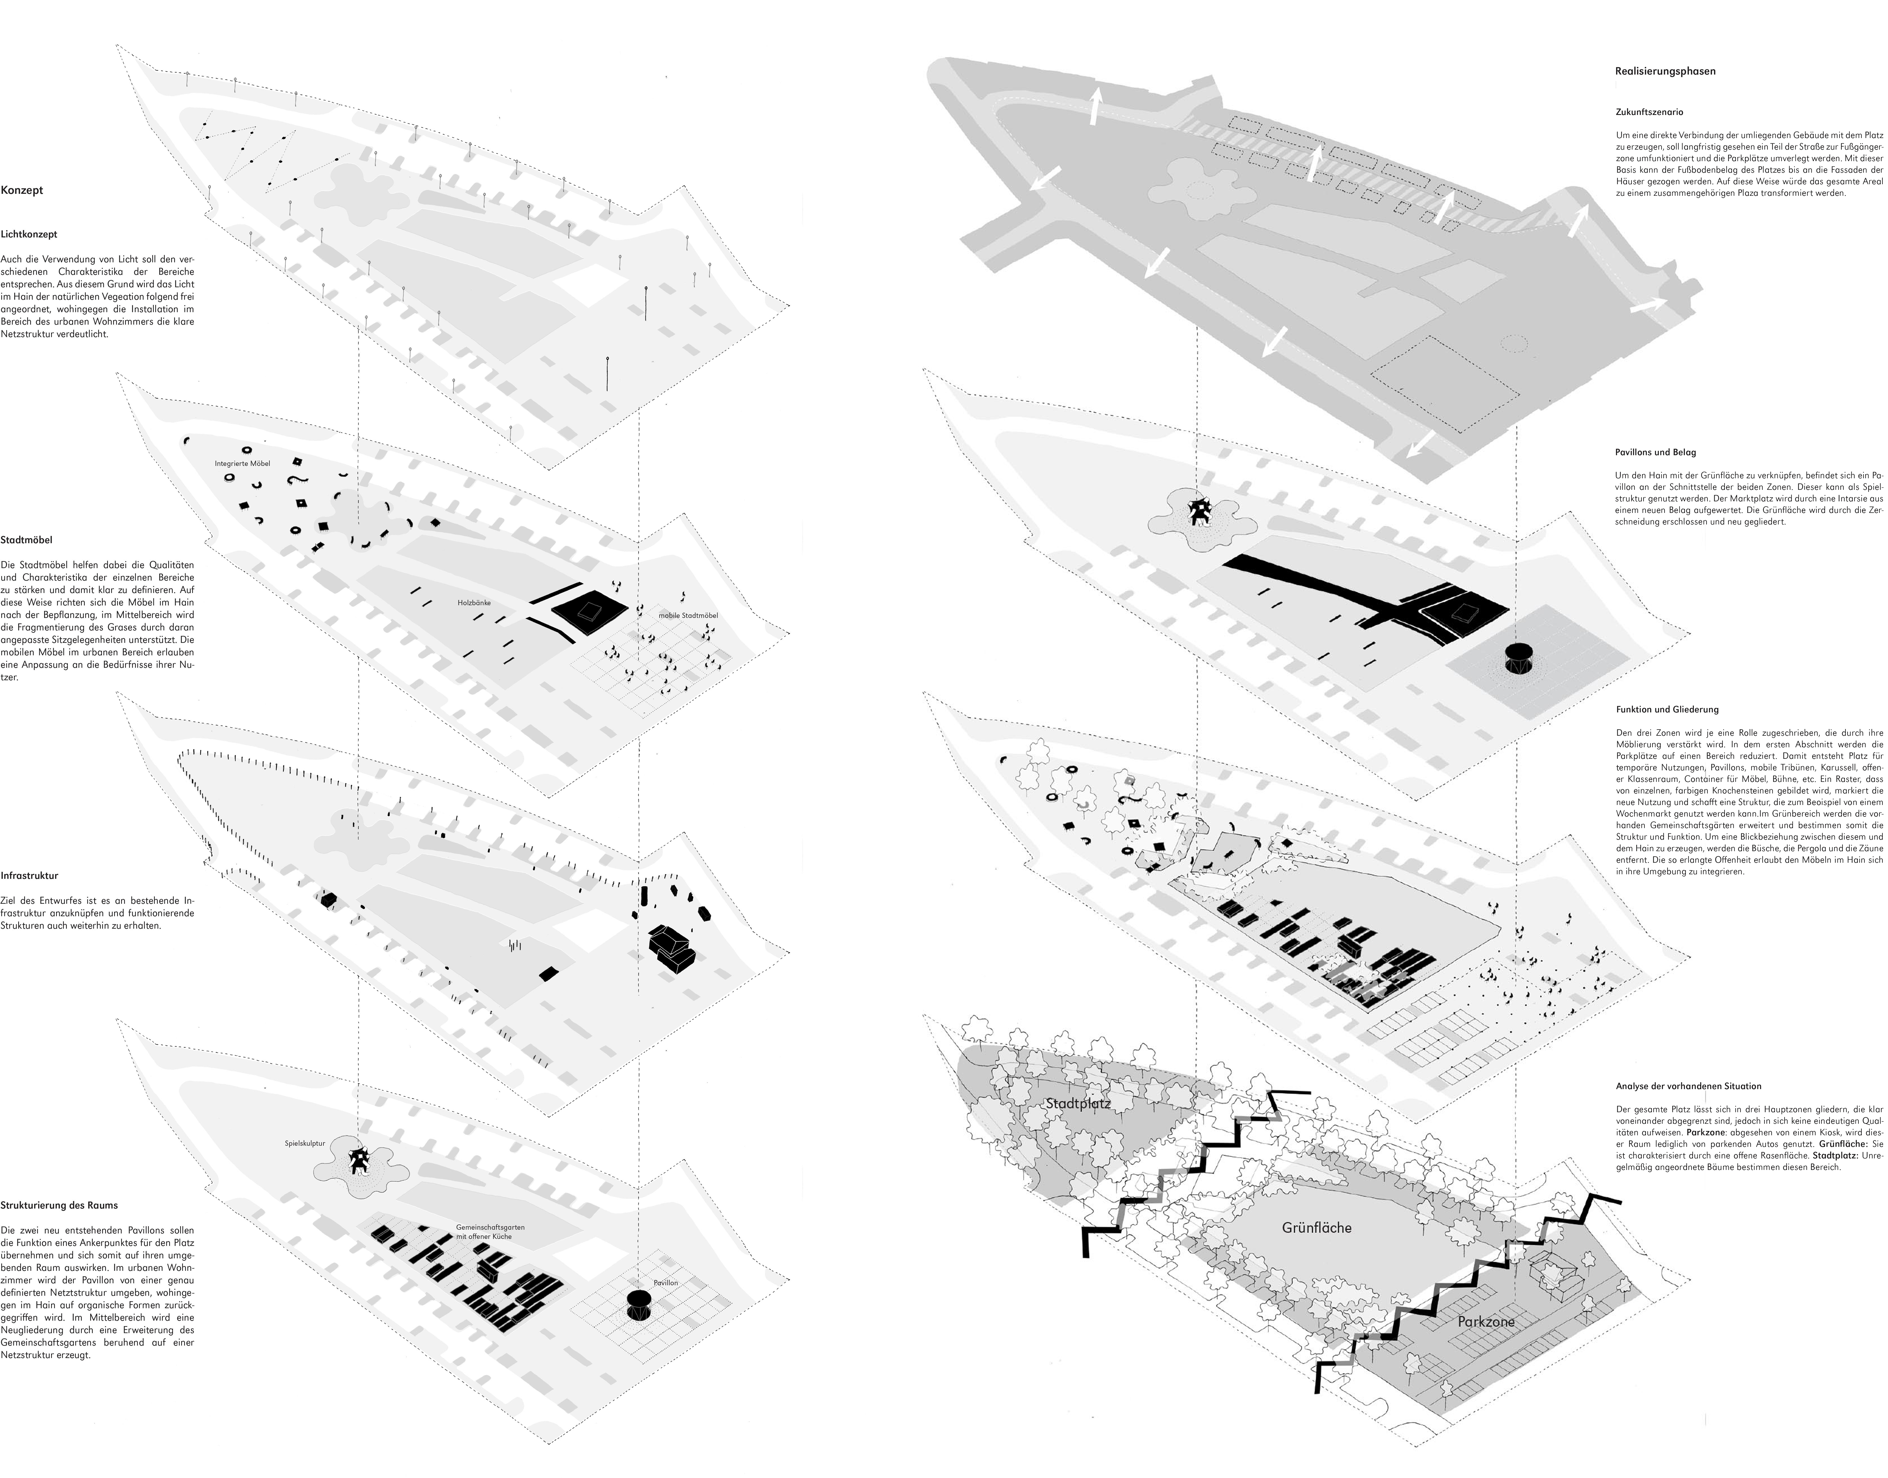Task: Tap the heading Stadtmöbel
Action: click(x=27, y=540)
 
